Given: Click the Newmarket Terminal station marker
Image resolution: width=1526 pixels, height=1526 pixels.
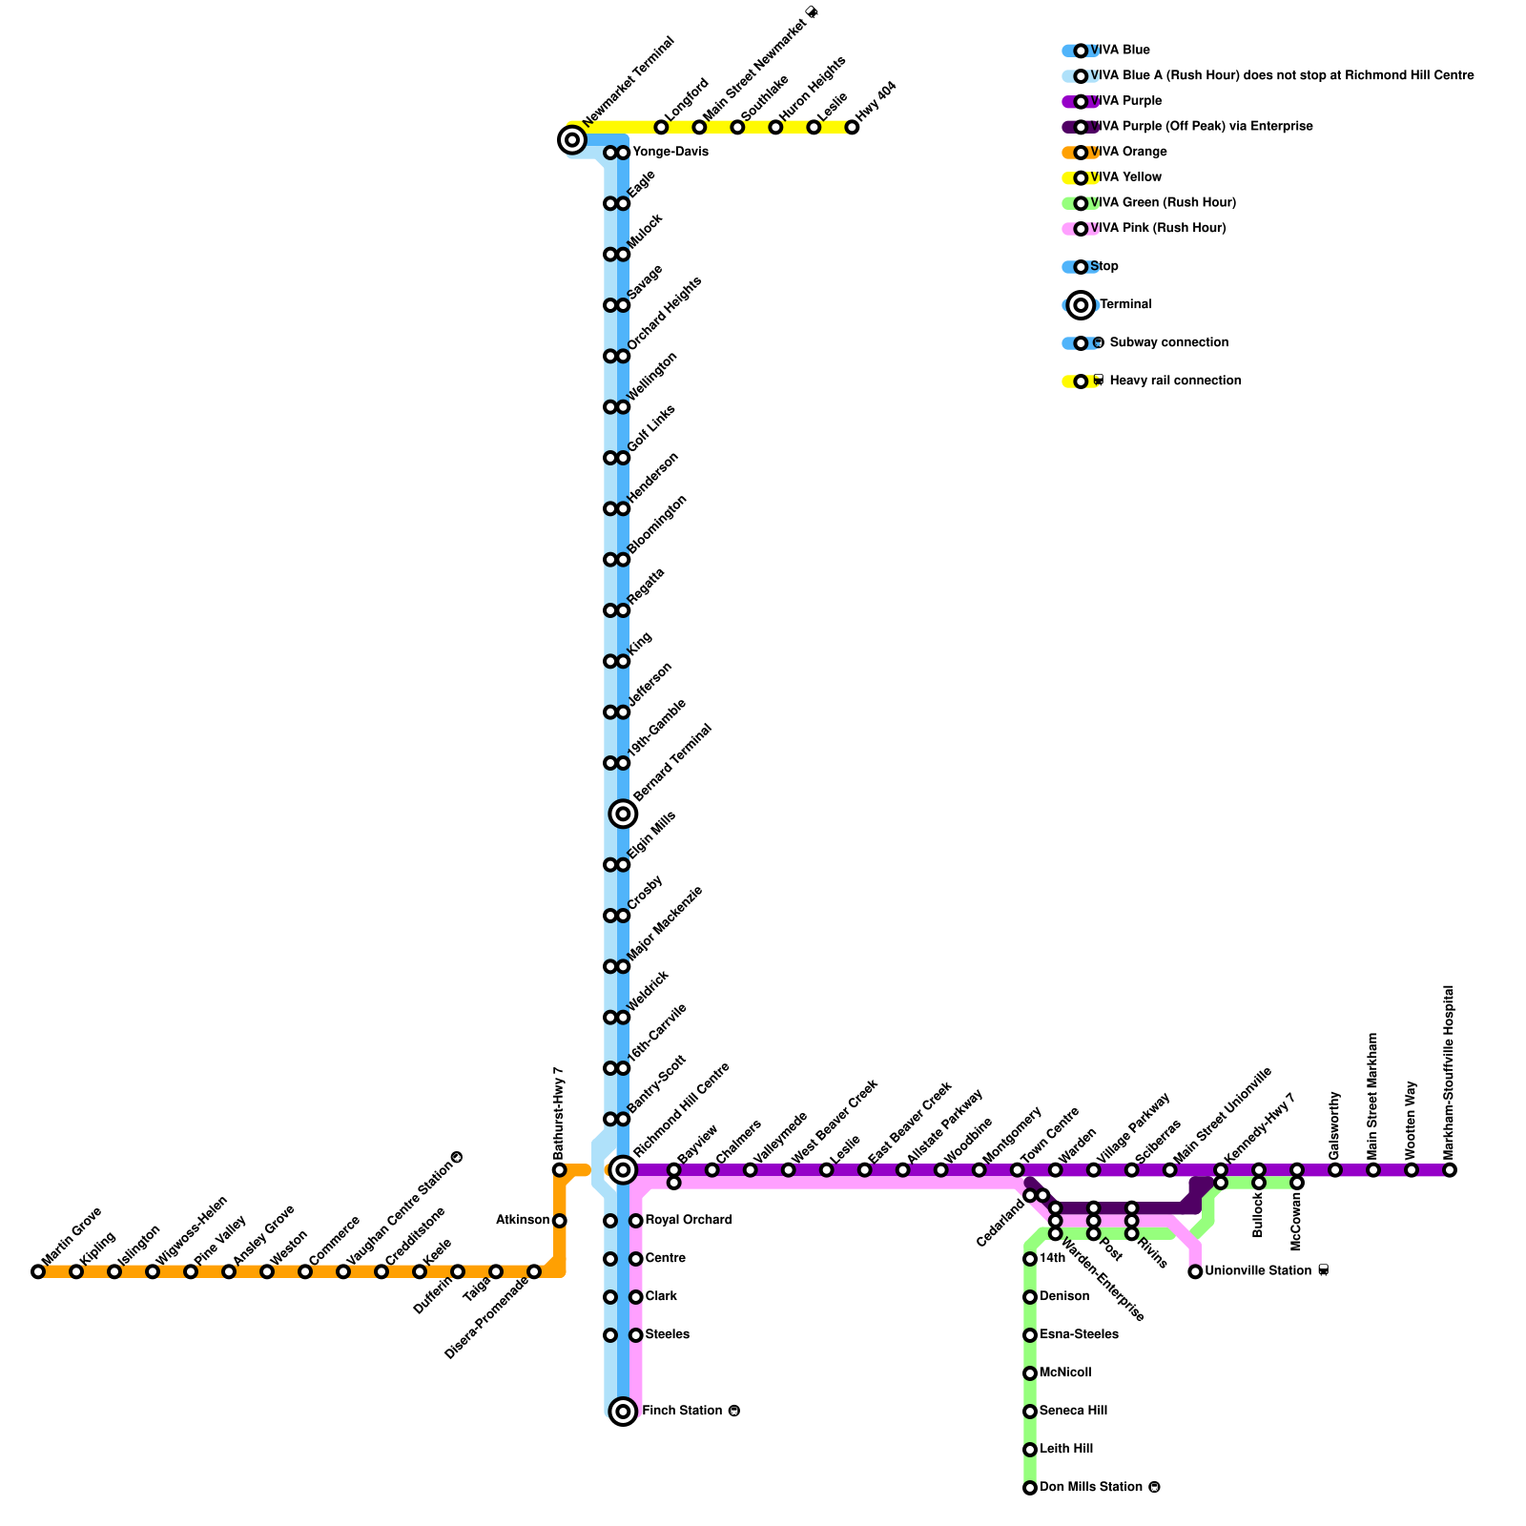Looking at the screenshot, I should point(571,141).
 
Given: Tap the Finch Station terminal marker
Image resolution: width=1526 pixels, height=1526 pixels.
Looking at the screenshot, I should point(623,1411).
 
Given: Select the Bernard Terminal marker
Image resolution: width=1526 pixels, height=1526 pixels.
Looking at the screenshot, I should point(623,814).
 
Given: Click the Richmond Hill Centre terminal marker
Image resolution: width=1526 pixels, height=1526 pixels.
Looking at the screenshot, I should point(623,1169).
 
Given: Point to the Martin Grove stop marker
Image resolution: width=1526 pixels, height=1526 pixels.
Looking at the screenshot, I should point(38,1271).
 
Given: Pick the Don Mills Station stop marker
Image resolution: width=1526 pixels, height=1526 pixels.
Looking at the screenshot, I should point(1030,1487).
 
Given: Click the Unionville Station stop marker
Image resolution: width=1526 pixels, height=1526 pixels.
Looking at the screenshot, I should point(1195,1271).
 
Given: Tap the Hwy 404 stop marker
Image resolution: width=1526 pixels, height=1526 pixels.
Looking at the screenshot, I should point(852,127).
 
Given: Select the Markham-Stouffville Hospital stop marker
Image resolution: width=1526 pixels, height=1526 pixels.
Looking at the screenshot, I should point(1450,1169).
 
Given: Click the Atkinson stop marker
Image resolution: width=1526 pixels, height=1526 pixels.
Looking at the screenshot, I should point(560,1221).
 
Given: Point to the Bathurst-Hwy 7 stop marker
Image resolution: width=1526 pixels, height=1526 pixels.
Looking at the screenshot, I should point(560,1169).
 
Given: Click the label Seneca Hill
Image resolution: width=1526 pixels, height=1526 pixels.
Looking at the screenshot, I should point(1073,1411).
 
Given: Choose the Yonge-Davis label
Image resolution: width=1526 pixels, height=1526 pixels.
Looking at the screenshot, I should point(670,152).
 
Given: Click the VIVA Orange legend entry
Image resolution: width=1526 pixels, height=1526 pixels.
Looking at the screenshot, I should point(1128,152).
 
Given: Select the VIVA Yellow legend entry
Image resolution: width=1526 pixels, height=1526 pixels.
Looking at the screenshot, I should point(1125,177).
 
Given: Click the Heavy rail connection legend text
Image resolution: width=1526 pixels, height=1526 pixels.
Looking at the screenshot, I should point(1175,381).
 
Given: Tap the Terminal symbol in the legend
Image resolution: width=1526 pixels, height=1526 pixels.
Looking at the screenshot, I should point(1081,304).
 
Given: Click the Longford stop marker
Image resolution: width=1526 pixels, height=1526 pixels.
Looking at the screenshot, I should point(661,127).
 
